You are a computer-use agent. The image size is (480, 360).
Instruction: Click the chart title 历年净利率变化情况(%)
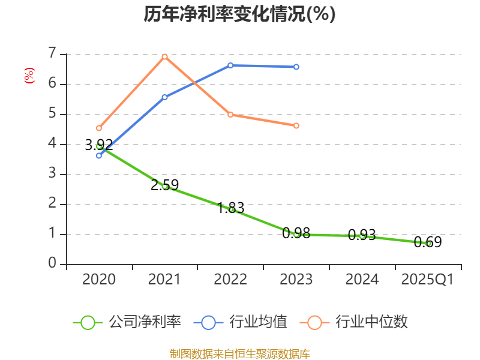239,14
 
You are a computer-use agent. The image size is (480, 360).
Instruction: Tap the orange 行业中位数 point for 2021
164,56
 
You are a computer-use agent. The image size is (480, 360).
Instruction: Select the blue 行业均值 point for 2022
230,65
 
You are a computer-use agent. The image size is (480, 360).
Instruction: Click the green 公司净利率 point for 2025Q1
428,243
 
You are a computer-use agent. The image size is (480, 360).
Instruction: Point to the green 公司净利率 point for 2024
362,236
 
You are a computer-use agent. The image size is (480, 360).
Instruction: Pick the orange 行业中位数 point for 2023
296,125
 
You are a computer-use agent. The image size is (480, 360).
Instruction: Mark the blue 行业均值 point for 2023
296,67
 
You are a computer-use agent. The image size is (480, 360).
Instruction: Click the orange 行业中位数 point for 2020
99,128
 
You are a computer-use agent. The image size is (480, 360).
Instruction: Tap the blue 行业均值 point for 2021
164,97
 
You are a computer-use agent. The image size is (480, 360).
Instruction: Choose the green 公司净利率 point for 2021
164,186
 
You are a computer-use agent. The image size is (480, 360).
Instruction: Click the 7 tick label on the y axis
53,54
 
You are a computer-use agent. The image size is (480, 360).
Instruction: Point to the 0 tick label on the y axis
53,264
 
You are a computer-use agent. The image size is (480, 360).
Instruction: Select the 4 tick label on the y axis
53,144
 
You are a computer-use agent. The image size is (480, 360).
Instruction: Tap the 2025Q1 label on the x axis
428,280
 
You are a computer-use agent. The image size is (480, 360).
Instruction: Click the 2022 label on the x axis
230,280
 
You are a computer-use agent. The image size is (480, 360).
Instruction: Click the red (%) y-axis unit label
29,76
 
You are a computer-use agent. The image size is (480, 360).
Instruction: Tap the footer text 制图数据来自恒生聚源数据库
239,353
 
